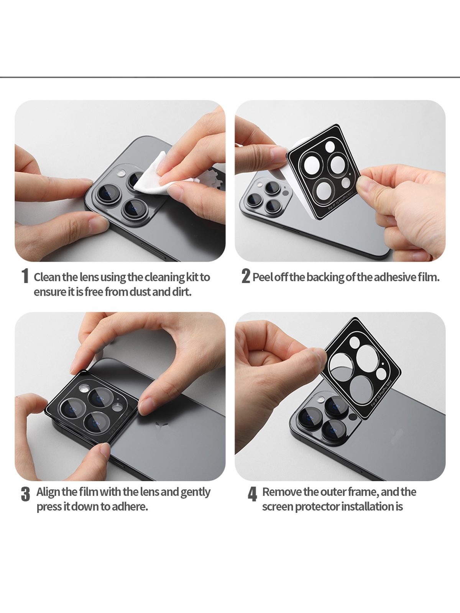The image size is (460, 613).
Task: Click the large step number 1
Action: point(25,276)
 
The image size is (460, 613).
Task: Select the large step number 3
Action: point(25,494)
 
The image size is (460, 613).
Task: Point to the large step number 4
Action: point(252,494)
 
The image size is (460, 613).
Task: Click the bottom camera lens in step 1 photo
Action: point(135,210)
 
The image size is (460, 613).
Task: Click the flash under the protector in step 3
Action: point(84,388)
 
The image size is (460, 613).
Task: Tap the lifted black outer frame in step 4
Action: point(361,368)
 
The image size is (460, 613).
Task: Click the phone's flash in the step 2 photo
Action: point(260,185)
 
